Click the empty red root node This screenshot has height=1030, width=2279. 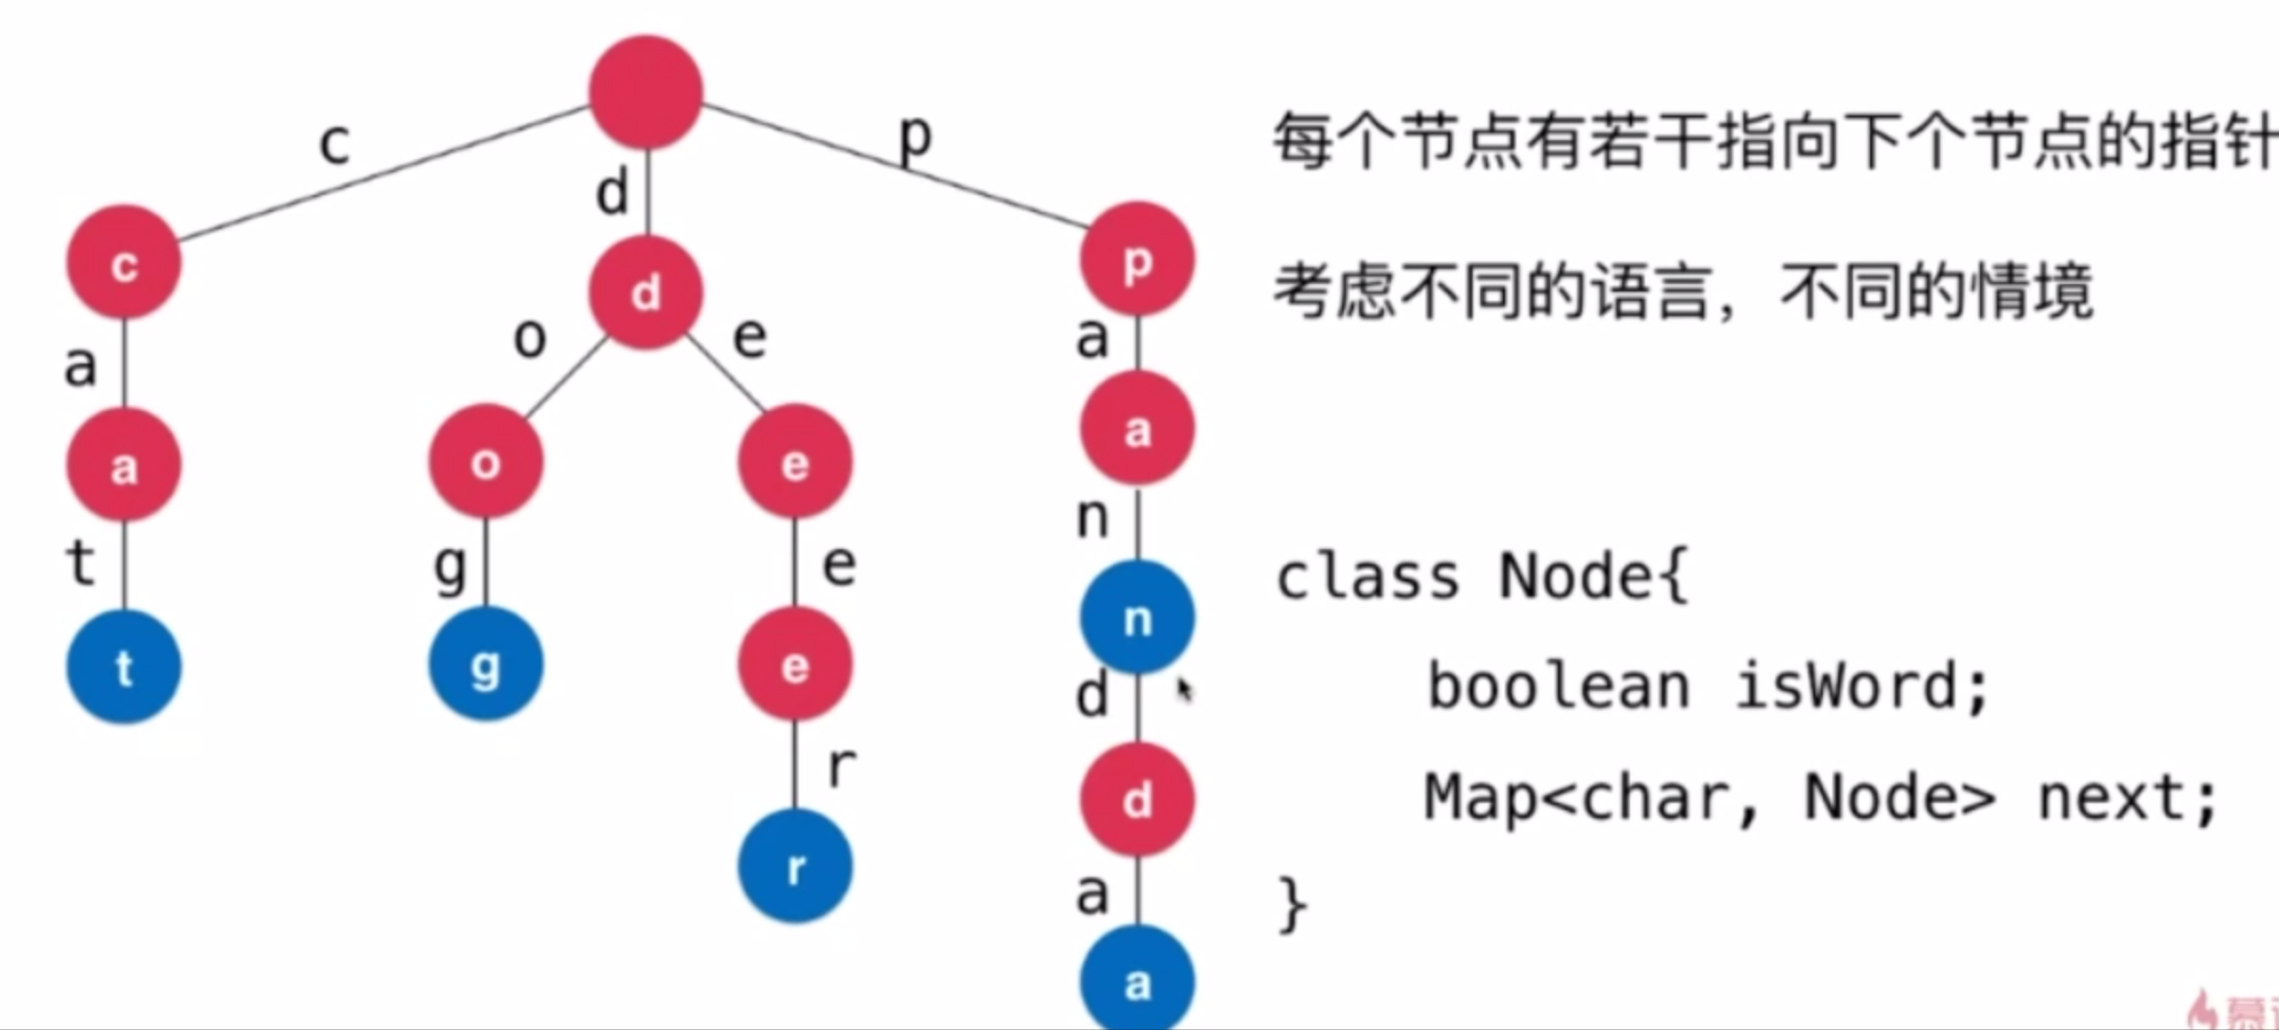pos(645,92)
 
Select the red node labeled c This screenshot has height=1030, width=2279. pos(123,263)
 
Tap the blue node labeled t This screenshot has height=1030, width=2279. pos(123,667)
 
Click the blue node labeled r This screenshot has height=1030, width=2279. pos(795,866)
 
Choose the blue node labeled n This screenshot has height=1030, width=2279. pos(1137,617)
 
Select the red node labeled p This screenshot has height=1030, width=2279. pos(1137,259)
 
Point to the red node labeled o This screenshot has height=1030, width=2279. pos(486,462)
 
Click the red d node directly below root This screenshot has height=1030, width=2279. pos(645,293)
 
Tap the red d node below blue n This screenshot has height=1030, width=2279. pos(1137,800)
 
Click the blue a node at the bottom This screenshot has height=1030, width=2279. pos(1137,982)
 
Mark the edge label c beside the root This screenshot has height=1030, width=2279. pos(335,144)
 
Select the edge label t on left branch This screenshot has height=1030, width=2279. pos(81,562)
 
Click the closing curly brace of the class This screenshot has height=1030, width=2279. pos(1293,904)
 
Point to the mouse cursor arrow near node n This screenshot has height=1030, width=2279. pos(1184,688)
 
